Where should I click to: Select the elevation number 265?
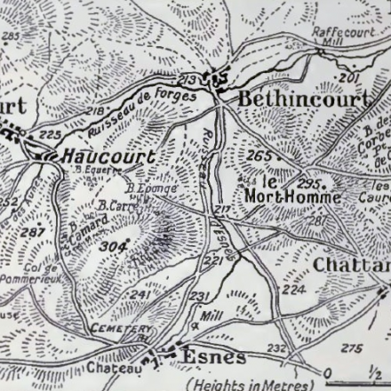[x=259, y=156]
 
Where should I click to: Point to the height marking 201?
[x=347, y=79]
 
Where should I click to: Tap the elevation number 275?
[x=352, y=347]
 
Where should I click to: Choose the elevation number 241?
[x=140, y=295]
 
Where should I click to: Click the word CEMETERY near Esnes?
[x=116, y=329]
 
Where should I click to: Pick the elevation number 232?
[x=276, y=348]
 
